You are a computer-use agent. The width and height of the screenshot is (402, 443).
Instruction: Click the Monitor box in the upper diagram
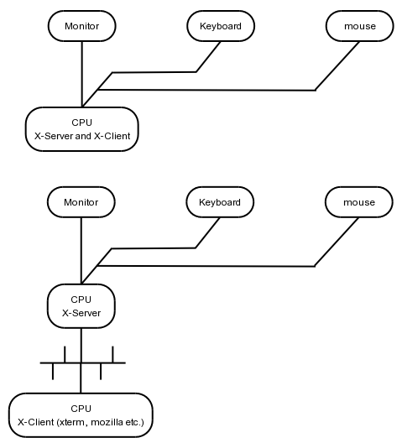[x=81, y=26]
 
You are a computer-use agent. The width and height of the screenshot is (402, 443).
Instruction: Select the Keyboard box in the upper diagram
[x=221, y=26]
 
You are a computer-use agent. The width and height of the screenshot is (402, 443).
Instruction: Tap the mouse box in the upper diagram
[x=359, y=26]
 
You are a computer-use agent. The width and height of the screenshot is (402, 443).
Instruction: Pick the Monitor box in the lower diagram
[x=81, y=202]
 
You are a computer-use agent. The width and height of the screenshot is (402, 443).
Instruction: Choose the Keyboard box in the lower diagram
[x=220, y=202]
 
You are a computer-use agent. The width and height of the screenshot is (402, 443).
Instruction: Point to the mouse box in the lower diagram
[x=359, y=202]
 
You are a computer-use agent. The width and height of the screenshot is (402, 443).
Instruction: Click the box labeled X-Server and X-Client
[x=82, y=129]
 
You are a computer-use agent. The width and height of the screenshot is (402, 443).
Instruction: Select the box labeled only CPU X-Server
[x=81, y=306]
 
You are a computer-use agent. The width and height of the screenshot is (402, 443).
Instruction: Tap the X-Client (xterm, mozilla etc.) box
[x=81, y=415]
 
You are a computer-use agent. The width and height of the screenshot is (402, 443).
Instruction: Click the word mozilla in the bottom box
[x=107, y=422]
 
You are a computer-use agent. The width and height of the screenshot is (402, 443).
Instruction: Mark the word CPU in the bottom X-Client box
[x=81, y=409]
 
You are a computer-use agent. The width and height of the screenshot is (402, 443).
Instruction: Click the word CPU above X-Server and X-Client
[x=81, y=122]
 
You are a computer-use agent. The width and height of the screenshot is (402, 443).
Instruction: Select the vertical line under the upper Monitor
[x=82, y=75]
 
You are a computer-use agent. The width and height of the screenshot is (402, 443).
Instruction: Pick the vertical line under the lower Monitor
[x=81, y=251]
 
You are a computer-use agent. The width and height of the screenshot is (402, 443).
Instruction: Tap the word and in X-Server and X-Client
[x=83, y=136]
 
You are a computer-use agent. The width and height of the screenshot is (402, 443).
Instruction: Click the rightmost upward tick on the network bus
[x=112, y=354]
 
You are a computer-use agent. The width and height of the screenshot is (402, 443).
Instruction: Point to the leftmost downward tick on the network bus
[x=53, y=371]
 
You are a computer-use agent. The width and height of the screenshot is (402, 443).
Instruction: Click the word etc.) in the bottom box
[x=135, y=422]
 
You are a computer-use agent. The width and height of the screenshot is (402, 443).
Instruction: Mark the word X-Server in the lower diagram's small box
[x=81, y=313]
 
